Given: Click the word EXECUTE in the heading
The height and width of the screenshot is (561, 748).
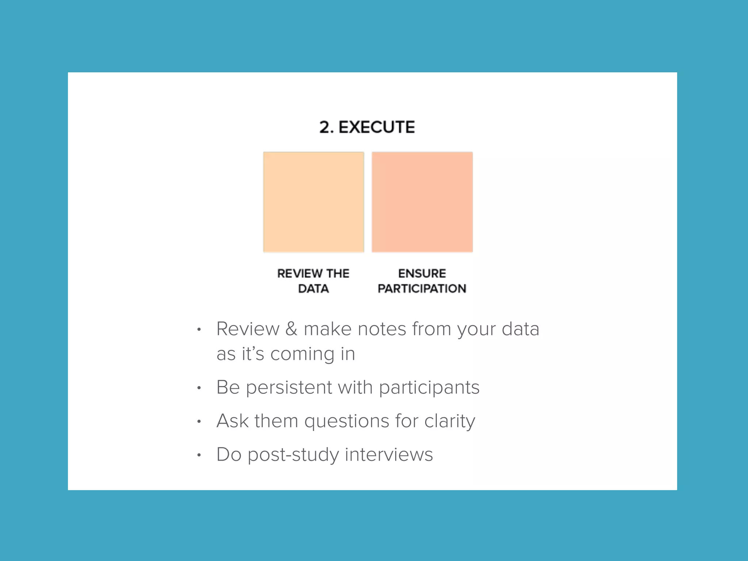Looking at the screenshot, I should pyautogui.click(x=377, y=127).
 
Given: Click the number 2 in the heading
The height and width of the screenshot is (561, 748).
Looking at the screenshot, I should pyautogui.click(x=325, y=127).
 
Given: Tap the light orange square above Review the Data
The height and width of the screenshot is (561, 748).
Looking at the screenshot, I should pyautogui.click(x=314, y=202).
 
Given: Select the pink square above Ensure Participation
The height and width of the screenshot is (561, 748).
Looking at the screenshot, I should pyautogui.click(x=422, y=202).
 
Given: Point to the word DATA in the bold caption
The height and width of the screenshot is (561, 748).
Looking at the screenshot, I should pyautogui.click(x=313, y=289).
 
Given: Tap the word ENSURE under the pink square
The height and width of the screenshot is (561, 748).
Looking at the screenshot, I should pyautogui.click(x=422, y=274).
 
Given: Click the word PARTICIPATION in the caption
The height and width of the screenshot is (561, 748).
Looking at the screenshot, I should pyautogui.click(x=422, y=289).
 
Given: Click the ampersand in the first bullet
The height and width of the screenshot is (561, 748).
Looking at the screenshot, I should pyautogui.click(x=291, y=329).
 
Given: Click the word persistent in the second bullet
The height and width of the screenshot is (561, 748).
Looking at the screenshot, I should pyautogui.click(x=289, y=388).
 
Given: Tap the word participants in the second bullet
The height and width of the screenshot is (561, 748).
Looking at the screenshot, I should pyautogui.click(x=429, y=388).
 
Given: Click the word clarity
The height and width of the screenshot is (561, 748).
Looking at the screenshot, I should pyautogui.click(x=450, y=421).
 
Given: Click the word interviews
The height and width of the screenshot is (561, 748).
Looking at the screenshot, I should pyautogui.click(x=389, y=455).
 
